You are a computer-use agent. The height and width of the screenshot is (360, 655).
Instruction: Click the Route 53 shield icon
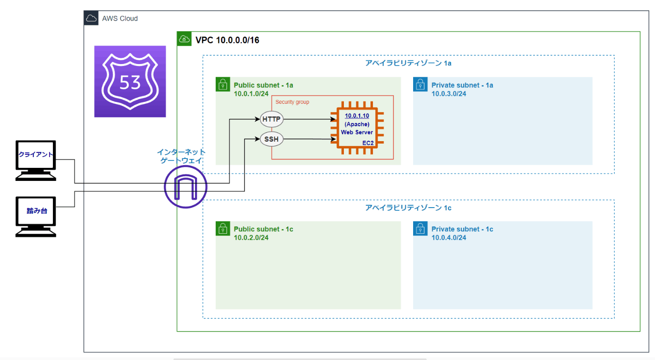130,81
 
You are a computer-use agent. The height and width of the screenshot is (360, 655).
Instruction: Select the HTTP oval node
271,119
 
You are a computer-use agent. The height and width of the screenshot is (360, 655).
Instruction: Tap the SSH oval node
271,139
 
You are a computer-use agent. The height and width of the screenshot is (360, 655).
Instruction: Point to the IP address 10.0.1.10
357,115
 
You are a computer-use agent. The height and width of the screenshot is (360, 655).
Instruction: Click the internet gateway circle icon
185,187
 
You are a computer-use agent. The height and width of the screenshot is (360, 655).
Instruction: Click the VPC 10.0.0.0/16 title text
227,40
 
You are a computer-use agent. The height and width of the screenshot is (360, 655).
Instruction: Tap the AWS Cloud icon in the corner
91,18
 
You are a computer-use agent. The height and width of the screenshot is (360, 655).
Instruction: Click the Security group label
292,102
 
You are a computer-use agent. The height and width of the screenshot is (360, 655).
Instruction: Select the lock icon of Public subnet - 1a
222,85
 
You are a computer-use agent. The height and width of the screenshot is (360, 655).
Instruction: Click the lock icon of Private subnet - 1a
420,85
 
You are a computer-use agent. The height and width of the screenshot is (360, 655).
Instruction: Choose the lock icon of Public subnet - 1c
222,229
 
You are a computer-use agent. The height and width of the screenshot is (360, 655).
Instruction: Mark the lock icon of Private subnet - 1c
420,229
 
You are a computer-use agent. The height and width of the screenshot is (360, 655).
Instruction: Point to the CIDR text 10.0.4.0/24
449,238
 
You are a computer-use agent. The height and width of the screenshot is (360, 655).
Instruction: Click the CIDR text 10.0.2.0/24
251,238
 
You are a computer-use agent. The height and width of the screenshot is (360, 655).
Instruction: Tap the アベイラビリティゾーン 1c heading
408,208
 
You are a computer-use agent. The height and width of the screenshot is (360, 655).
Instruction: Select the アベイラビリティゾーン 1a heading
408,63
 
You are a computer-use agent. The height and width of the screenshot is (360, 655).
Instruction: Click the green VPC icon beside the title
184,39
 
